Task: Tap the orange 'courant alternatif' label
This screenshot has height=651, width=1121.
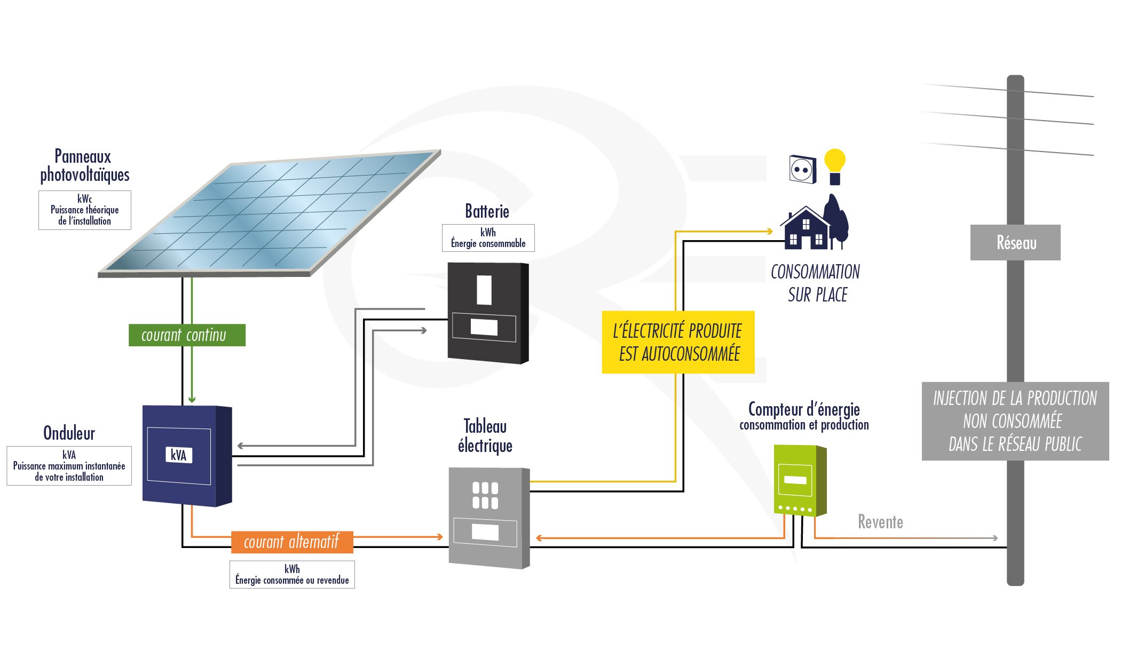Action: click(292, 542)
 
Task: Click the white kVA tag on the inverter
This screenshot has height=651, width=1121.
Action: click(178, 455)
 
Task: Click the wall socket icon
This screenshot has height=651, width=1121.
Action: click(803, 170)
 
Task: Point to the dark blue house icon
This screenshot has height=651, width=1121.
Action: click(806, 229)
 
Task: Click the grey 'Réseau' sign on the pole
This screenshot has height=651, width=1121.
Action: click(1015, 243)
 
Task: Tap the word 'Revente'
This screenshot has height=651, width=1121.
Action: click(880, 521)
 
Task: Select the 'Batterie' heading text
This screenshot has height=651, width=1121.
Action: click(487, 211)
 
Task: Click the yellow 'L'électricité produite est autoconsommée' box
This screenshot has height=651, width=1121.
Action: click(678, 342)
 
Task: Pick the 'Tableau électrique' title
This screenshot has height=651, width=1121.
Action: click(485, 435)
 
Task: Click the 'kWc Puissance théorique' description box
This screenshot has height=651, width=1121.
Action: click(85, 210)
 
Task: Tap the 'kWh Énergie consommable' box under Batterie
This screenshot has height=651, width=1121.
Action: click(488, 238)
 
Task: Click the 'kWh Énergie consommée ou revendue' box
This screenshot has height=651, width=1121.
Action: click(292, 575)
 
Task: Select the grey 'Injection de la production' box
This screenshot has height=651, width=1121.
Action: click(1015, 421)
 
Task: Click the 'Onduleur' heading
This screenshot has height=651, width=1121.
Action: click(69, 433)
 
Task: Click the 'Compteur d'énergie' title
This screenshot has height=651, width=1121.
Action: click(804, 410)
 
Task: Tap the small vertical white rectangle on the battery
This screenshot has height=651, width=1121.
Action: click(484, 290)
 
